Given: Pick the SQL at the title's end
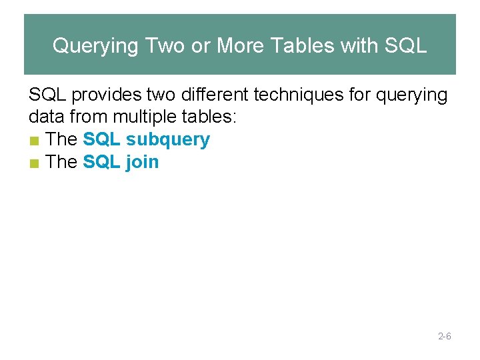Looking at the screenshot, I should point(406,46).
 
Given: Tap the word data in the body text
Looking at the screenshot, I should point(45,118).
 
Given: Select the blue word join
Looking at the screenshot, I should point(142,163).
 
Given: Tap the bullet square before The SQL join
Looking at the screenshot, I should point(34,163).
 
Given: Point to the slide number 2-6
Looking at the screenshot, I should point(445,337).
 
